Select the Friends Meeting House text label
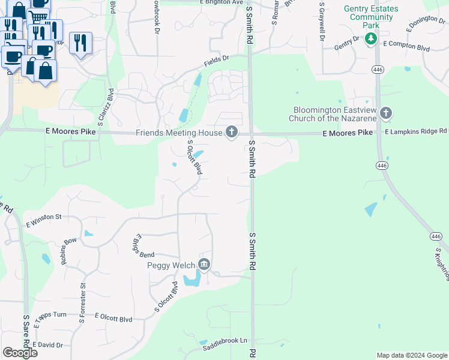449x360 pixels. coord(179,133)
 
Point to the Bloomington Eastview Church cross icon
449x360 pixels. coord(386,113)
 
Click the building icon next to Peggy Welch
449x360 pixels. coord(204,265)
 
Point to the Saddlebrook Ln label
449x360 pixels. coord(224,344)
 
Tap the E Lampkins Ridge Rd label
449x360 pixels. coord(416,131)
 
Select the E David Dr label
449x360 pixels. coord(47,345)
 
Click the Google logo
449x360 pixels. coord(20,353)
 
